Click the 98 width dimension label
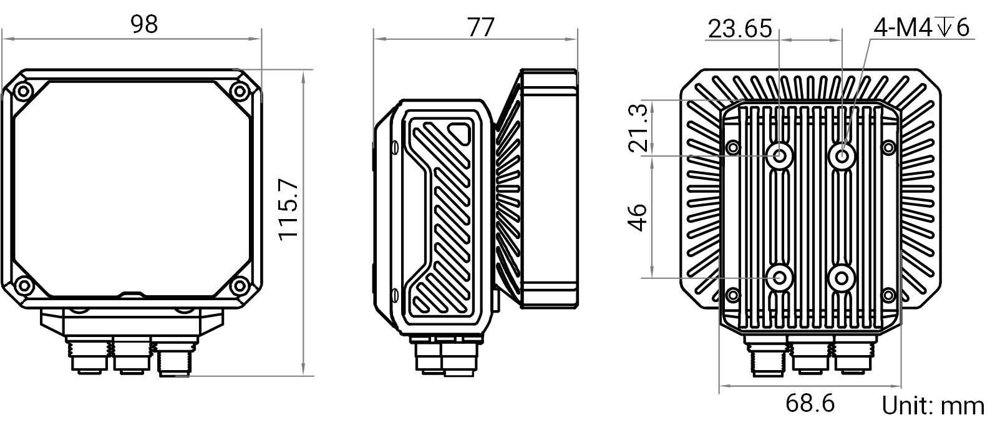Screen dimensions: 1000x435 point(144,24)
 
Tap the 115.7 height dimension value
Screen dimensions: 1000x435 point(288,210)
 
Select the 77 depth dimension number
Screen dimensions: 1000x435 point(481,27)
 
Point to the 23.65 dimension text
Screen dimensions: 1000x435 point(740,29)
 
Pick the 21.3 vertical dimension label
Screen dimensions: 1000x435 point(638,128)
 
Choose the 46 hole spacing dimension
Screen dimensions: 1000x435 point(638,218)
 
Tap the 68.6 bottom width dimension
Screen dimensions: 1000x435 point(810,403)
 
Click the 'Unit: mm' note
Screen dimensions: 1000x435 point(933,406)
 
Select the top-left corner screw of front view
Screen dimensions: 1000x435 point(23,92)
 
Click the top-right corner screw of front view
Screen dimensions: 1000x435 point(240,92)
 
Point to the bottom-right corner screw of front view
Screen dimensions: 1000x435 point(240,285)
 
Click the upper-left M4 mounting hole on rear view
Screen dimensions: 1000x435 point(779,156)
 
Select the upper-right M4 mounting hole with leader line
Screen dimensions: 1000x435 point(842,156)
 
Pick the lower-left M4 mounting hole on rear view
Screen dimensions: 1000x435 point(779,278)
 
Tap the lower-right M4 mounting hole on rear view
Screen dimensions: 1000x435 point(842,278)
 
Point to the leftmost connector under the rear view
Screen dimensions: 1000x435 point(766,359)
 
